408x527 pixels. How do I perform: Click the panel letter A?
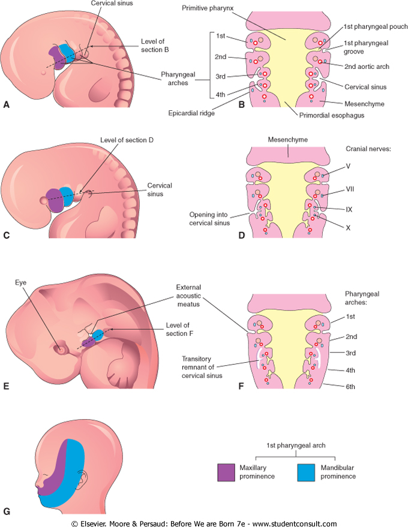[x=7, y=104]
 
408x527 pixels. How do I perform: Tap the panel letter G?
[x=7, y=511]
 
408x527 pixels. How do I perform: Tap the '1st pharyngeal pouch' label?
[x=376, y=27]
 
